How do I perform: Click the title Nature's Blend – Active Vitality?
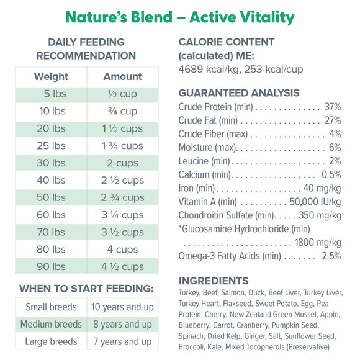(180, 17)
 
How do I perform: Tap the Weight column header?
(52, 77)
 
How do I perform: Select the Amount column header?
(122, 77)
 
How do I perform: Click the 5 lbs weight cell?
(55, 94)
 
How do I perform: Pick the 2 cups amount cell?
(122, 163)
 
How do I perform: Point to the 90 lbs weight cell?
(51, 267)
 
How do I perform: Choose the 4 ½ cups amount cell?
(122, 267)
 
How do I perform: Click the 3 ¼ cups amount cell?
(122, 215)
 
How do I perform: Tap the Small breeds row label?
(51, 307)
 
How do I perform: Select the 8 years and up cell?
(122, 325)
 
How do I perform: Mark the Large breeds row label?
(51, 341)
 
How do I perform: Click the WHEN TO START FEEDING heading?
(86, 289)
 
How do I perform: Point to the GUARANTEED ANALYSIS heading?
(239, 93)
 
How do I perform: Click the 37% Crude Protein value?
(332, 107)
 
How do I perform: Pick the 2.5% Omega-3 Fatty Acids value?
(331, 256)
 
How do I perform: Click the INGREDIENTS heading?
(214, 281)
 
